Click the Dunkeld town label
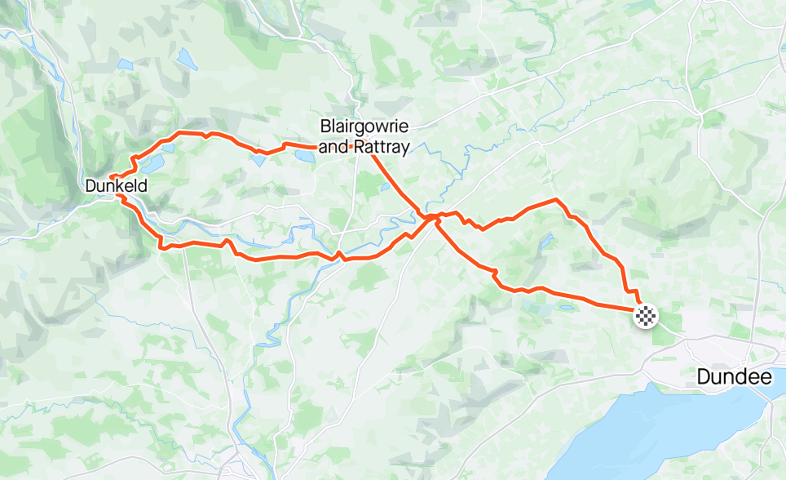[116, 186]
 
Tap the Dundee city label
[734, 377]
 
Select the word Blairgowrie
[364, 127]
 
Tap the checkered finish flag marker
[646, 315]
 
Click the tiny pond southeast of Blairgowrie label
[384, 187]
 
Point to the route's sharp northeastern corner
[556, 199]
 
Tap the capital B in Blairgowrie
[326, 127]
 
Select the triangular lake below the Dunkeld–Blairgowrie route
[259, 158]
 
